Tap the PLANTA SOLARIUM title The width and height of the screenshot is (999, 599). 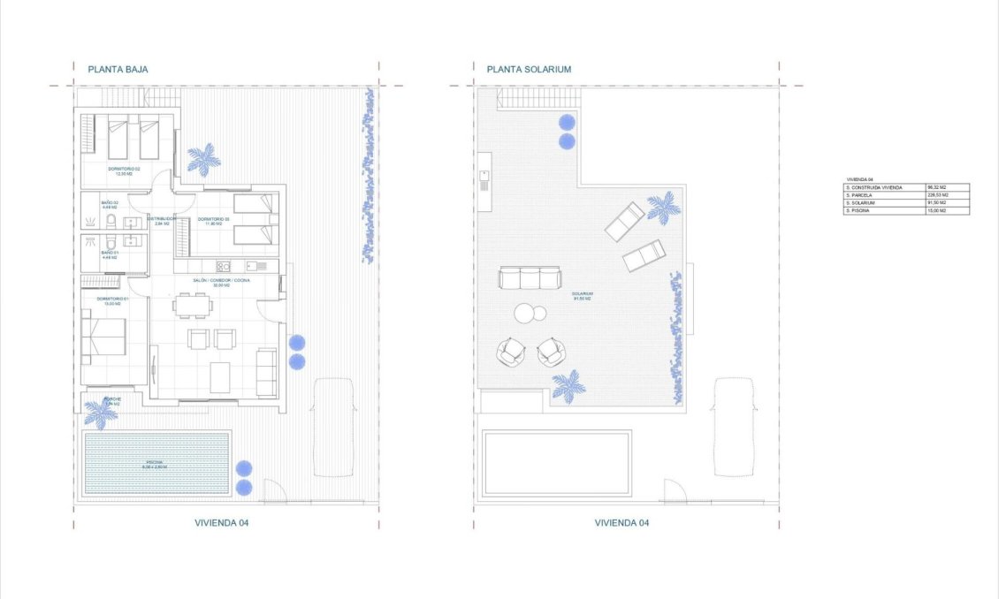coord(529,69)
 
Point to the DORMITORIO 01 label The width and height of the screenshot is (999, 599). coord(113,301)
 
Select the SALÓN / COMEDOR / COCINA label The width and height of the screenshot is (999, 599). coord(221,282)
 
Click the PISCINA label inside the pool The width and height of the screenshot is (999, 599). coord(156,463)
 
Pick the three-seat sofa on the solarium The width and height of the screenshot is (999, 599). coord(530,278)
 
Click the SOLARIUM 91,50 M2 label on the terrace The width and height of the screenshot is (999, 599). coord(581,296)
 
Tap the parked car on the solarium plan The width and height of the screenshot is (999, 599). coord(735,426)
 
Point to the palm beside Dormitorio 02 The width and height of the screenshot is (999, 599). coord(204,159)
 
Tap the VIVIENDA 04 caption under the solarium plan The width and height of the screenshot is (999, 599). coord(622,523)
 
